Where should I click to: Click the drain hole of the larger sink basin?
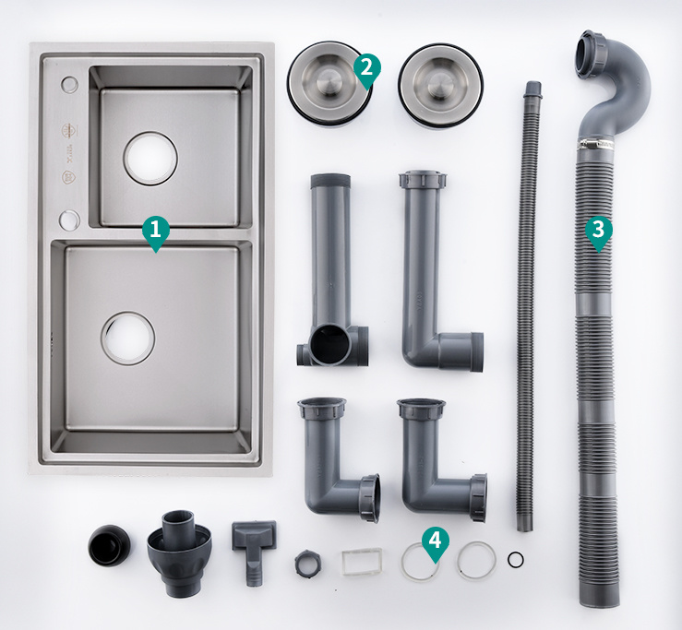[128, 338]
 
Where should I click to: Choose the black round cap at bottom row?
[110, 546]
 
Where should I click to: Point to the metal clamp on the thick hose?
[601, 143]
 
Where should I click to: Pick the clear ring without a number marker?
[477, 560]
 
